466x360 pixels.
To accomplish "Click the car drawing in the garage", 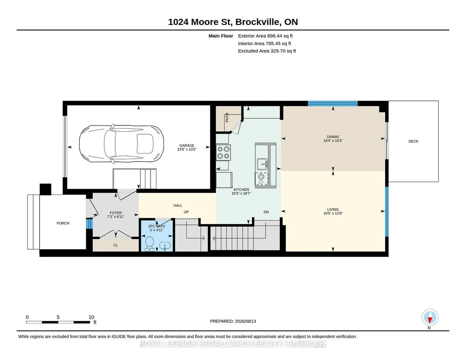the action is pos(121,144).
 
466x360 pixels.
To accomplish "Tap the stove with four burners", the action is pos(223,152).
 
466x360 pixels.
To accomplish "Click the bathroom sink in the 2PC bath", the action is pos(165,245).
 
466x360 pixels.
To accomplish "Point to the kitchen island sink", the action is pos(262,163).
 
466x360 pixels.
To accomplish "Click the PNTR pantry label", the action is pos(227,117).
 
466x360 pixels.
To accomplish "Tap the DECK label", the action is pos(413,141).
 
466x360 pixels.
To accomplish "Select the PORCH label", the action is pos(63,223).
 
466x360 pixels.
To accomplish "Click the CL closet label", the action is pos(115,245).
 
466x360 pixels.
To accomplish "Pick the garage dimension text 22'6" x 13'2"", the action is pos(187,150).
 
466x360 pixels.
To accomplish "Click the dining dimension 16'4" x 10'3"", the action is pos(333,141).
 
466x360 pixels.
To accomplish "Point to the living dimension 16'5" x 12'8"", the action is pos(333,213).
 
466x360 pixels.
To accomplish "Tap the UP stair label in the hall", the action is pos(186,212).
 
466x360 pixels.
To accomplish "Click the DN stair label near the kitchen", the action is pos(266,212).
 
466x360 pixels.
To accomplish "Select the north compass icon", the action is pos(430,318).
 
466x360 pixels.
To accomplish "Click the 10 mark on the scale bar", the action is pos(91,317).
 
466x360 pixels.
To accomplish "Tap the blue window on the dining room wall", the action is pos(332,103).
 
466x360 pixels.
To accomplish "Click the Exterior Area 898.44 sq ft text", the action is pos(266,36).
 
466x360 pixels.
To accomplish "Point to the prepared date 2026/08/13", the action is pos(246,321).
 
